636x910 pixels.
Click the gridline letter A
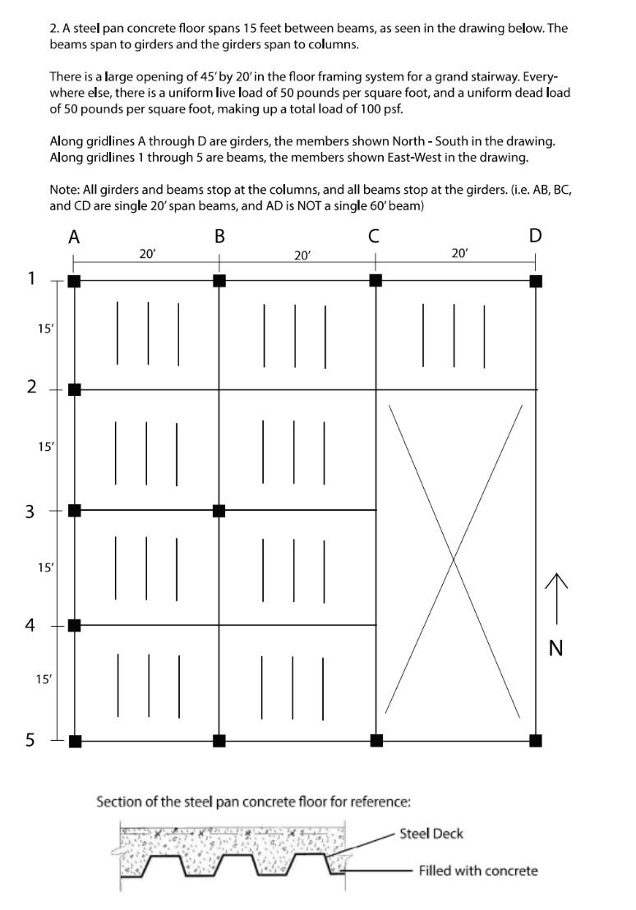coord(74,237)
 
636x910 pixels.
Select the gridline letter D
coord(535,237)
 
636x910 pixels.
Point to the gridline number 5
coord(30,741)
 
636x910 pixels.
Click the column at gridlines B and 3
coord(219,511)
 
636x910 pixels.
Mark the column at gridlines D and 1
coord(536,281)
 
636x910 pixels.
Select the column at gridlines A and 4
coord(74,625)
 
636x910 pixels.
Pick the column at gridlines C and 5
coord(376,741)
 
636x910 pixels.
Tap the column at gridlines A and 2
coord(74,389)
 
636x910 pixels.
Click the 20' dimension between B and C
coord(302,255)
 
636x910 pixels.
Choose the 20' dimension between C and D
coord(459,254)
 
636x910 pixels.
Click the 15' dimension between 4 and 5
coord(45,678)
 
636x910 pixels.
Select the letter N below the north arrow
coord(555,649)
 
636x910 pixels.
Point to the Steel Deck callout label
coord(431,834)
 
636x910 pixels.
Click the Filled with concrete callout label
coord(478,871)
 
